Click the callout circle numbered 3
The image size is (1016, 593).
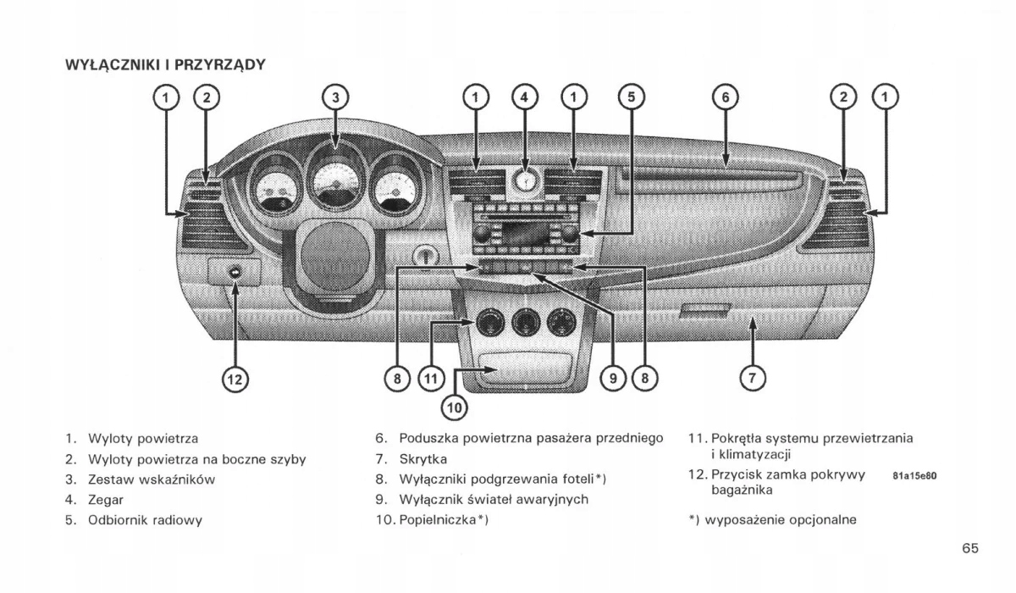[335, 97]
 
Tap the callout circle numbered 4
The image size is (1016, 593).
[525, 97]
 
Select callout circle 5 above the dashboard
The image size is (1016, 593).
[630, 97]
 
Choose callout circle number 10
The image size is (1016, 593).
[455, 407]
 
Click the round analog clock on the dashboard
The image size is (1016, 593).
[525, 181]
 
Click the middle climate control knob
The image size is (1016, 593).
[523, 321]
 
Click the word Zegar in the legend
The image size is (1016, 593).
[106, 500]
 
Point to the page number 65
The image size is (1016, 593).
[970, 547]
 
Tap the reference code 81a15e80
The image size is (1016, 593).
[914, 476]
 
